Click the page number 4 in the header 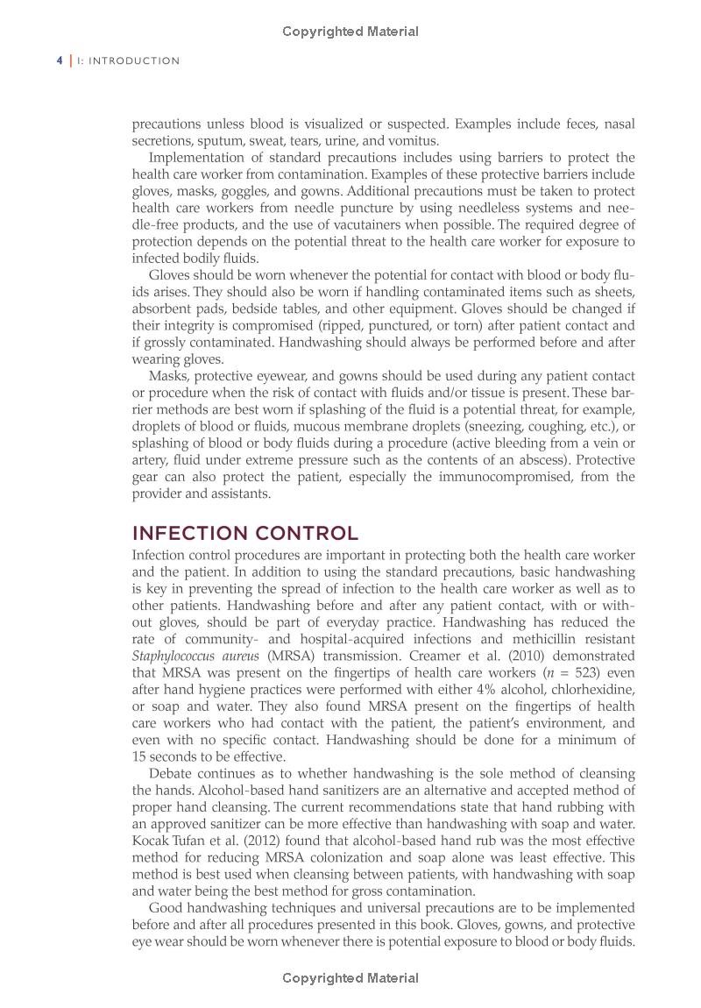pyautogui.click(x=59, y=60)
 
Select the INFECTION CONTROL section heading pyautogui.click(x=244, y=533)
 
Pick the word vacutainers pyautogui.click(x=365, y=224)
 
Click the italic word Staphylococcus pyautogui.click(x=178, y=656)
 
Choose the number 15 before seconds pyautogui.click(x=140, y=756)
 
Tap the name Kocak pyautogui.click(x=152, y=841)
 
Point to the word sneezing pyautogui.click(x=477, y=426)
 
